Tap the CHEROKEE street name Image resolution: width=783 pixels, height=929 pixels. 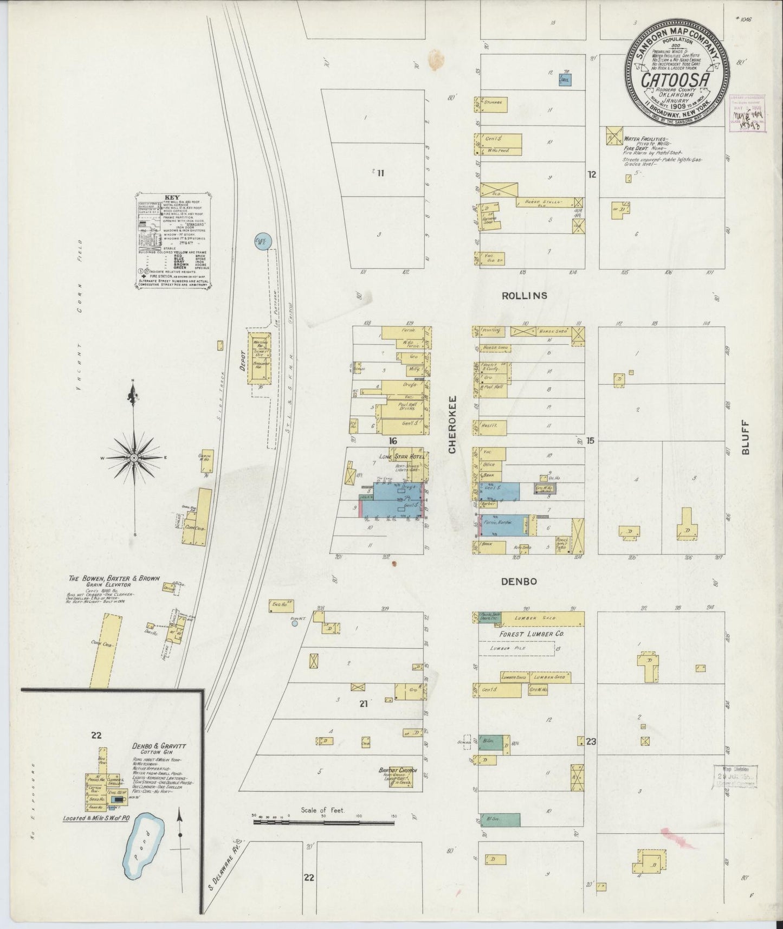tap(452, 424)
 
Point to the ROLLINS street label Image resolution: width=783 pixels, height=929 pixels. tap(524, 295)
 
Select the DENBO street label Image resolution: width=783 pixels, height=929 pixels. tap(519, 581)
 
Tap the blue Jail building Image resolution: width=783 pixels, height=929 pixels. tap(565, 80)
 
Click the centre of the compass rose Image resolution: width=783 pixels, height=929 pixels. tap(133, 458)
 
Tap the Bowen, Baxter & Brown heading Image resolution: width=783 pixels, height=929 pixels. tap(114, 579)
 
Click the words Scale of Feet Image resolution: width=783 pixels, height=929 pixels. tap(322, 810)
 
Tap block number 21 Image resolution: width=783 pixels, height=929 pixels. tap(364, 703)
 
